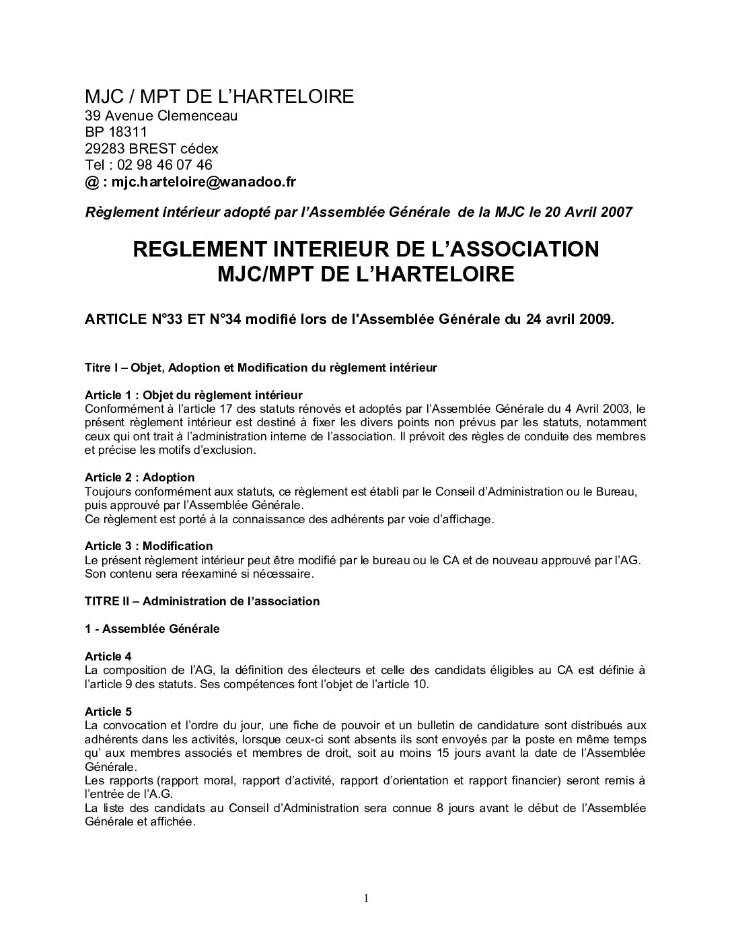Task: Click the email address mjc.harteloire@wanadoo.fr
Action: tap(204, 182)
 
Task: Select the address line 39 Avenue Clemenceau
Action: tap(161, 115)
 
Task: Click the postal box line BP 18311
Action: tap(116, 132)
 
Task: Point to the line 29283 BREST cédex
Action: tap(151, 148)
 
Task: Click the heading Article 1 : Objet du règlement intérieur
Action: tap(194, 395)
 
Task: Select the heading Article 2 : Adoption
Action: tap(140, 478)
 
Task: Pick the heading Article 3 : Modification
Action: tap(149, 546)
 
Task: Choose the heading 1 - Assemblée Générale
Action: tap(152, 629)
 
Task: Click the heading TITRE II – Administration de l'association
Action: tap(202, 601)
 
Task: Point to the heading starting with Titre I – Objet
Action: tap(261, 368)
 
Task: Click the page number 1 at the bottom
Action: tap(366, 898)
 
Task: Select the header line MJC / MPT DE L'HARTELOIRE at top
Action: tap(219, 97)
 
